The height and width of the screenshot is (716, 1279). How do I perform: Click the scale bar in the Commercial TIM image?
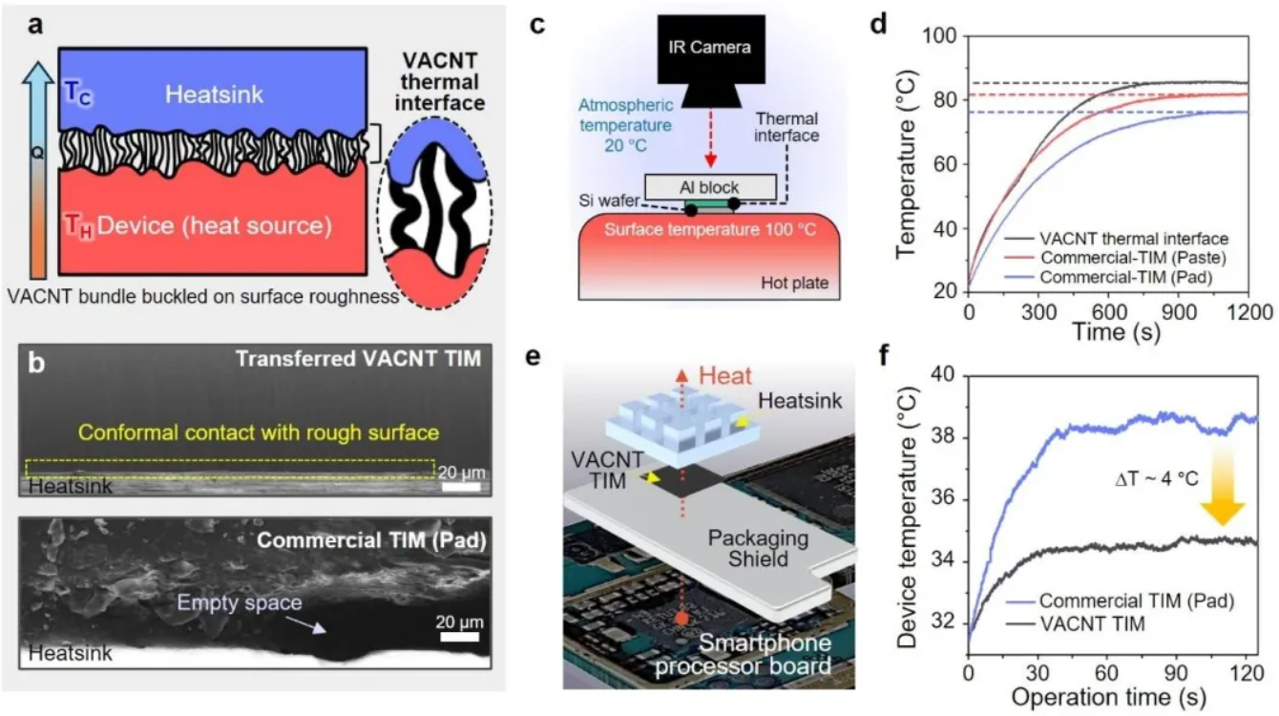tap(459, 637)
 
